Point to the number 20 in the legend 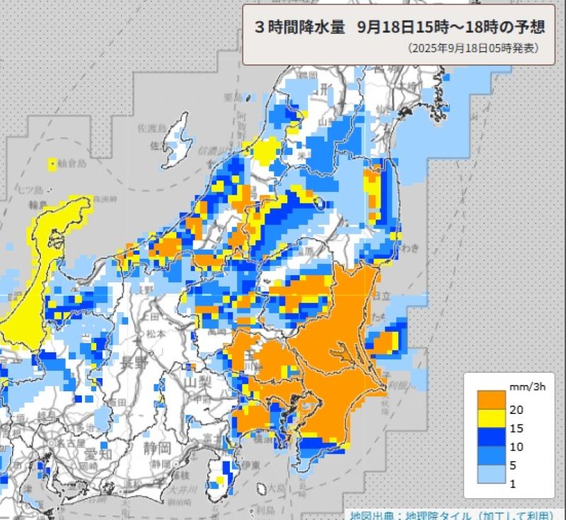click(x=517, y=410)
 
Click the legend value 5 click(x=514, y=465)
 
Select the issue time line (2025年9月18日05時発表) click(x=473, y=49)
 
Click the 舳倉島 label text click(x=72, y=164)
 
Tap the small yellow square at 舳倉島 click(x=52, y=165)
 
